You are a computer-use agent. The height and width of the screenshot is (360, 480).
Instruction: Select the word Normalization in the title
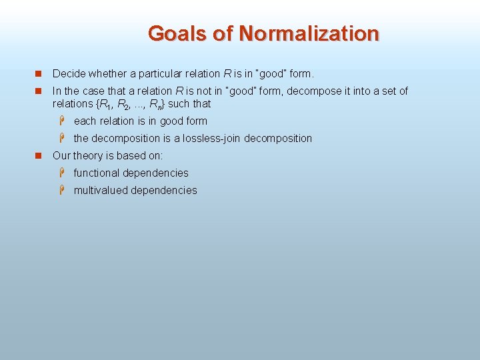tap(309, 33)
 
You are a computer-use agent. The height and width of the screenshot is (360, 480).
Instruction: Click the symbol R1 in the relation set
tap(105, 105)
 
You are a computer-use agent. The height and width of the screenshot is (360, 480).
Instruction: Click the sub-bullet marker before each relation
tap(61, 121)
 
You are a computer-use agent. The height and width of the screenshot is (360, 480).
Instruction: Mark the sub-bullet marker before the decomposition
tap(61, 138)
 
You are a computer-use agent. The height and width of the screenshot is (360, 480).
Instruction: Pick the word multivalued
tap(101, 191)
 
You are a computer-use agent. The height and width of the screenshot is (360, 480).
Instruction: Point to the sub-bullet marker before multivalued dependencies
tap(61, 190)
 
